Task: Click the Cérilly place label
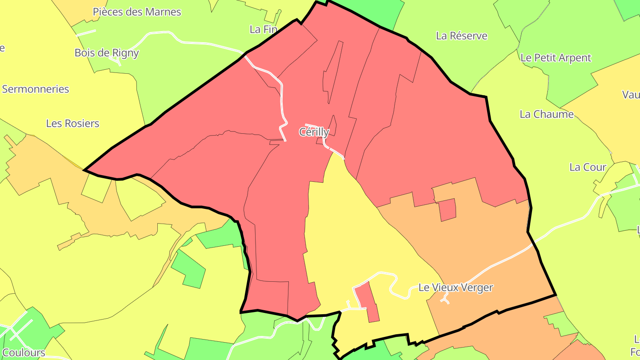(314, 132)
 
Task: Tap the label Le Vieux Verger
(456, 288)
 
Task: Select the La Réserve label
(461, 36)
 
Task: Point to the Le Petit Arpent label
(556, 58)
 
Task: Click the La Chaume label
(547, 114)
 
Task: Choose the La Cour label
(588, 167)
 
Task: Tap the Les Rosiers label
(72, 123)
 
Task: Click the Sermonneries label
(36, 89)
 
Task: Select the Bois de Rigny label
(107, 53)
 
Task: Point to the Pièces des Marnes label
(137, 12)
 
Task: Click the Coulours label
(24, 353)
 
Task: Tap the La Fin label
(263, 29)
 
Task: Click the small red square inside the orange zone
(448, 210)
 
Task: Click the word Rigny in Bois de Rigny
(125, 53)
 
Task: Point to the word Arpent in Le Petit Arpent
(575, 58)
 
